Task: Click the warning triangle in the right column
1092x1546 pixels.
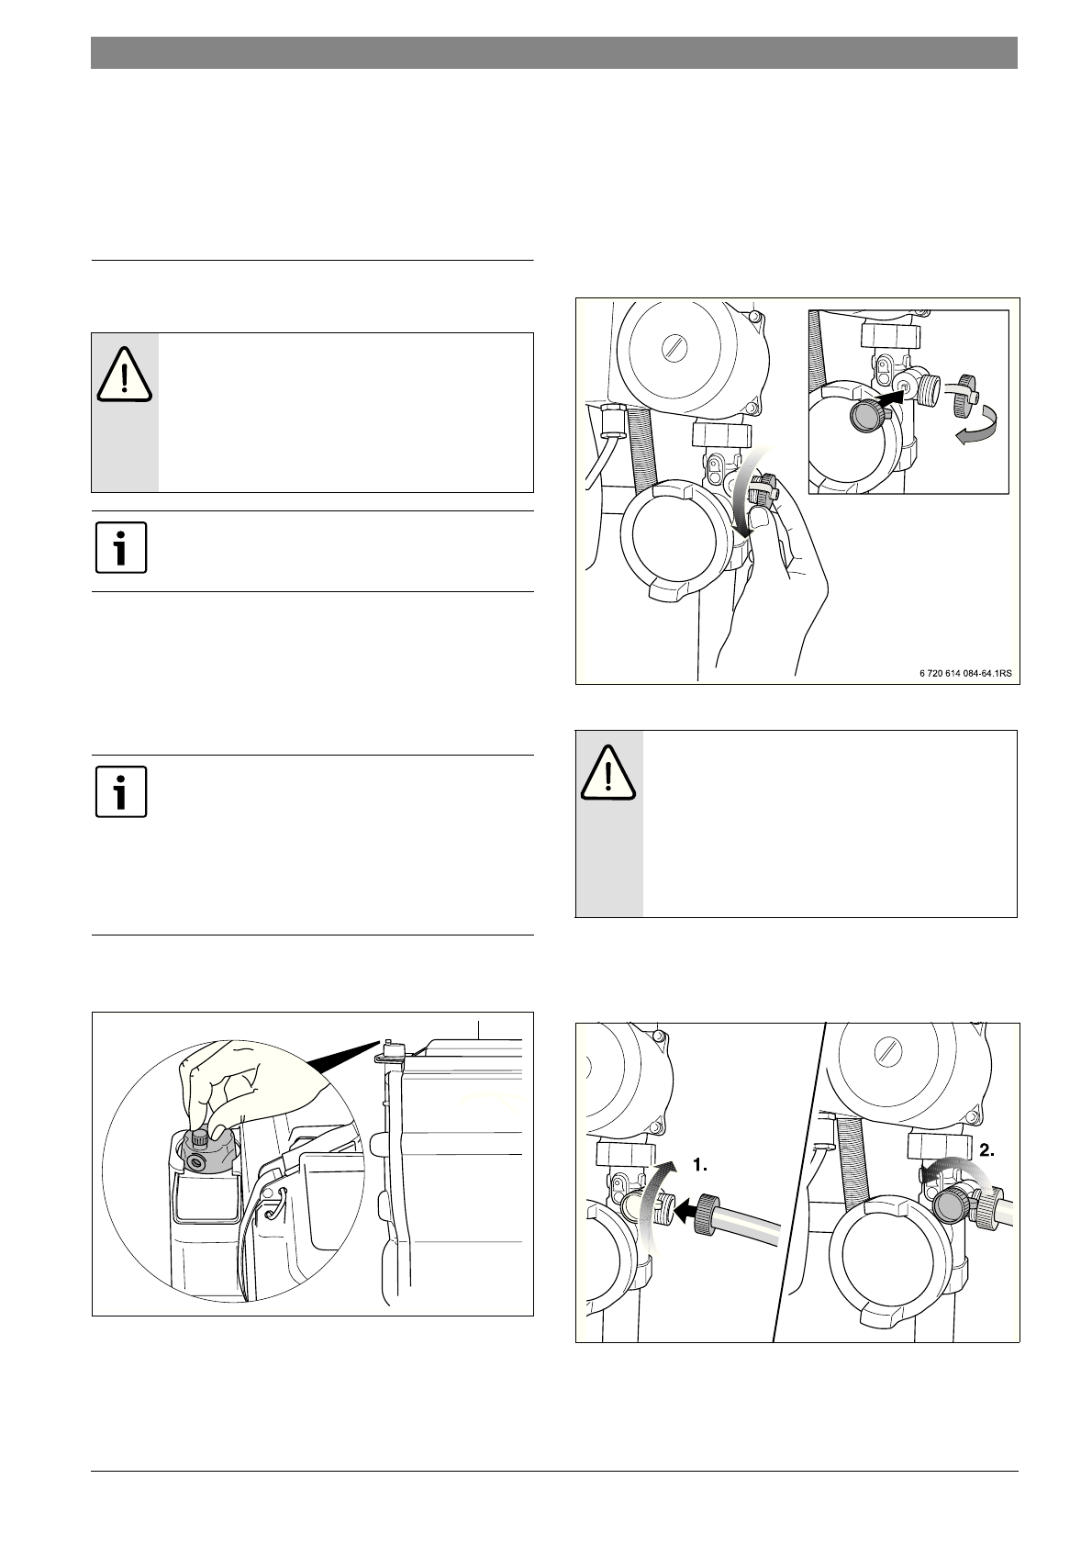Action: pyautogui.click(x=607, y=773)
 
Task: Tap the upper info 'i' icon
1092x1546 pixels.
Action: pyautogui.click(x=121, y=548)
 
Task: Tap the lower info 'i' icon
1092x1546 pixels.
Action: pyautogui.click(x=121, y=791)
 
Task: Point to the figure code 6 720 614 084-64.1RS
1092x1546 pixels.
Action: pyautogui.click(x=965, y=672)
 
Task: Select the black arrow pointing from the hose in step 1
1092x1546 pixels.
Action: pyautogui.click(x=687, y=1208)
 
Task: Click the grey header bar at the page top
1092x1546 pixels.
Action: pyautogui.click(x=554, y=53)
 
